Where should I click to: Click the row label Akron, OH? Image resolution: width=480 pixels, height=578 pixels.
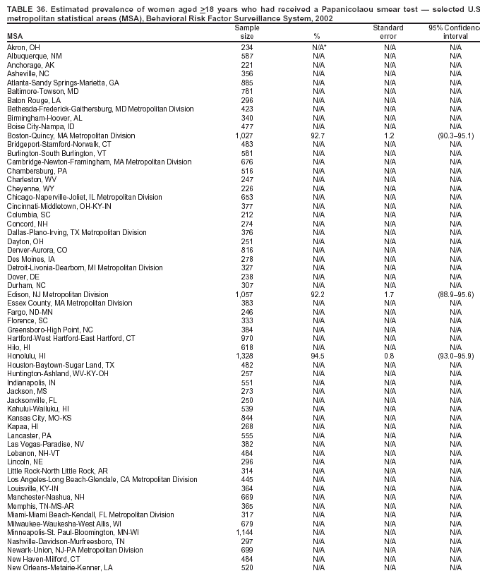coord(23,47)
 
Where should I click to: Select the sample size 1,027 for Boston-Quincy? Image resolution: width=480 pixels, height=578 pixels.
coord(244,136)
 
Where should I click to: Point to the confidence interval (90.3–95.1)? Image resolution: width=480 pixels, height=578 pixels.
coord(455,136)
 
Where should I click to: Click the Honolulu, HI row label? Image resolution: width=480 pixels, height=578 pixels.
coord(26,356)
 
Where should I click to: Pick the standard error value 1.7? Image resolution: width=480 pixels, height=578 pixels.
coord(389,294)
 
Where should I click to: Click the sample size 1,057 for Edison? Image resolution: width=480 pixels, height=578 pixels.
coord(244,294)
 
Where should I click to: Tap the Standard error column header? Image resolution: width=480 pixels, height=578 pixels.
coord(388,32)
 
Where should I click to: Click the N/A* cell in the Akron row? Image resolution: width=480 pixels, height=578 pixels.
coord(318,47)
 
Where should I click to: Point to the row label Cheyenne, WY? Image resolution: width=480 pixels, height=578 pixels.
coord(30,188)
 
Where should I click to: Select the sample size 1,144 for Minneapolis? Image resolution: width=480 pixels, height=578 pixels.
coord(244,532)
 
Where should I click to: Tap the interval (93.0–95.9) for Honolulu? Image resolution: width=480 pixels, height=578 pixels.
coord(455,356)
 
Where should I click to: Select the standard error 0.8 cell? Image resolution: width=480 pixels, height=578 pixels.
coord(389,356)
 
